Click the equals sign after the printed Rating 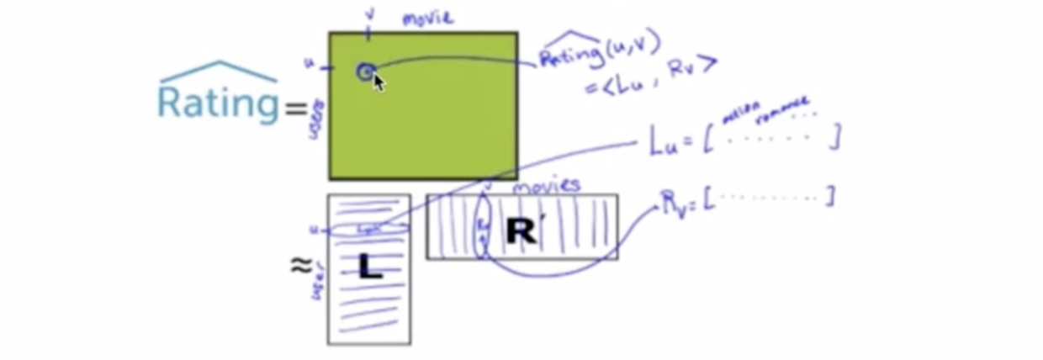(296, 108)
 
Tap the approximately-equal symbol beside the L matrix (300, 265)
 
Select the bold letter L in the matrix (369, 267)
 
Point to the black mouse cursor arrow (379, 82)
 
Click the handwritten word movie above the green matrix (428, 19)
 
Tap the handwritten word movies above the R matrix (546, 184)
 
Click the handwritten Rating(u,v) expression (599, 53)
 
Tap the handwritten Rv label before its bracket (673, 202)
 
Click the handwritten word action (741, 110)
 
